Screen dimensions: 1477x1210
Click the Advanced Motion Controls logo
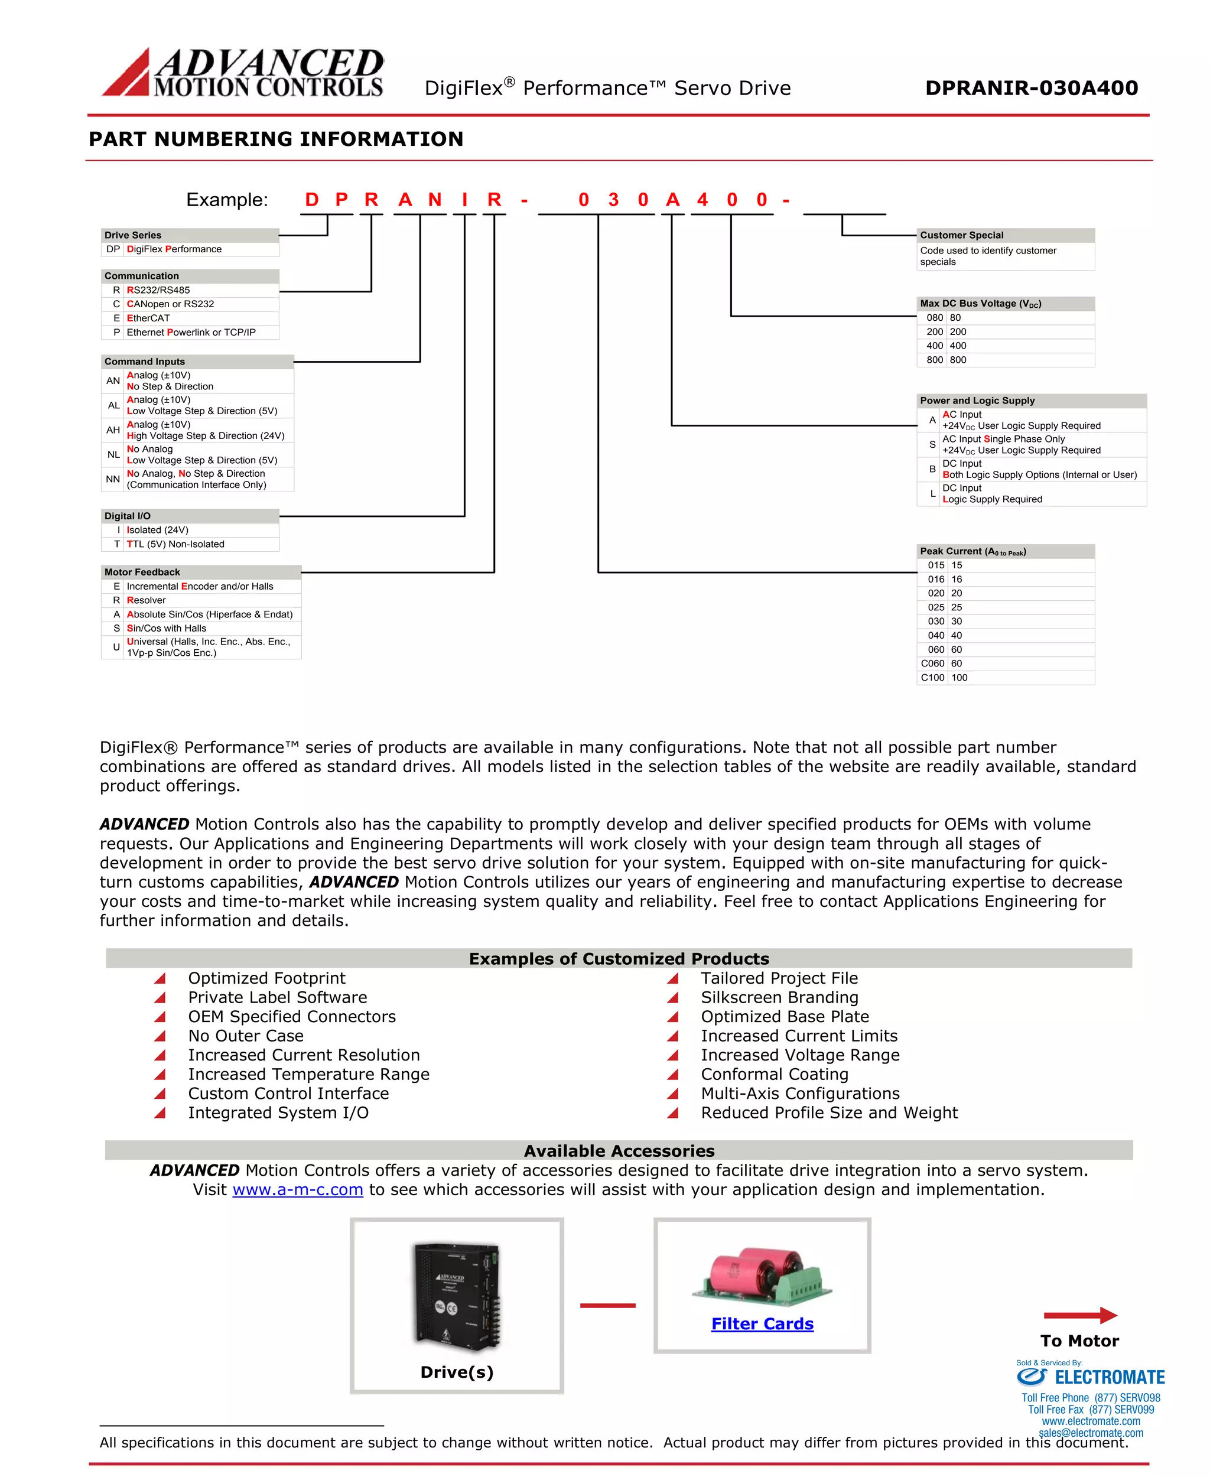[243, 72]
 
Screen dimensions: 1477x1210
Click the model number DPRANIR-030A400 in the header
[1031, 88]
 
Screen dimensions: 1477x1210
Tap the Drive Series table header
[190, 235]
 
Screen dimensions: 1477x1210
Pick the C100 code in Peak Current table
[932, 678]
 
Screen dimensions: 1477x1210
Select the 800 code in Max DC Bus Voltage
[934, 360]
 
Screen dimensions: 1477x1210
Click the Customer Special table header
[1004, 235]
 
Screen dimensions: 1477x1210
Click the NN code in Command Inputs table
[113, 479]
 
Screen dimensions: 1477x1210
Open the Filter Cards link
[762, 1323]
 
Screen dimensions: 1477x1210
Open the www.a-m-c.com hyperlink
[298, 1189]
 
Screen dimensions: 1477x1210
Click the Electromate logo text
[1109, 1377]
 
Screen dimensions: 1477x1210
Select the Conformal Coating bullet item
[775, 1074]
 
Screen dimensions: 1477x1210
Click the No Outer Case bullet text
[245, 1036]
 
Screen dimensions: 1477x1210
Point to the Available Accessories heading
[619, 1151]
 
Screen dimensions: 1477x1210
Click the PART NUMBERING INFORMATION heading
[276, 139]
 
